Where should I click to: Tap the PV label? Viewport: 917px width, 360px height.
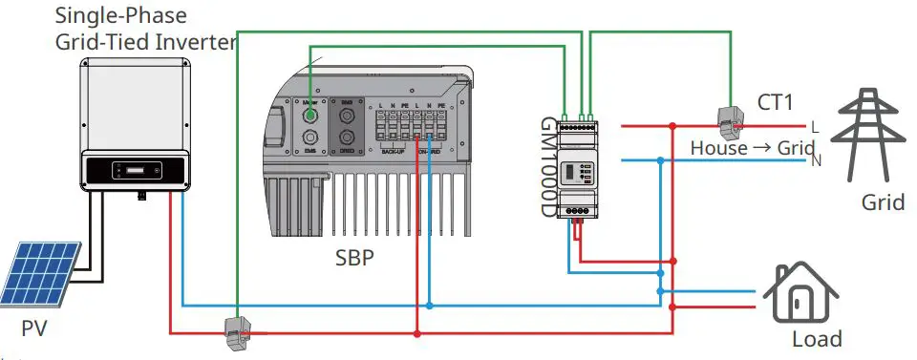tap(34, 330)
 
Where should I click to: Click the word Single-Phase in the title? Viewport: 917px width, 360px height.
tap(105, 15)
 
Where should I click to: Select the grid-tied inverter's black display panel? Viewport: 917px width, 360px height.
tap(135, 170)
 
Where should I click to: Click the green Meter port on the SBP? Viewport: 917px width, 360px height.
tap(310, 116)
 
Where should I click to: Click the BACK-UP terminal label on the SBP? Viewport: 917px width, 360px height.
tap(395, 151)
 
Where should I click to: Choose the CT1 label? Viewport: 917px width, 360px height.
tap(776, 101)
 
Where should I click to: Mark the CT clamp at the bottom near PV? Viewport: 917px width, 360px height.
tap(235, 331)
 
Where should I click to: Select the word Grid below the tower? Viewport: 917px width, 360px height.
tap(882, 202)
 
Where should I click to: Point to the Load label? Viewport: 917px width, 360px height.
tap(817, 339)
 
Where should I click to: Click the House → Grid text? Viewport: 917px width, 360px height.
tap(751, 149)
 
